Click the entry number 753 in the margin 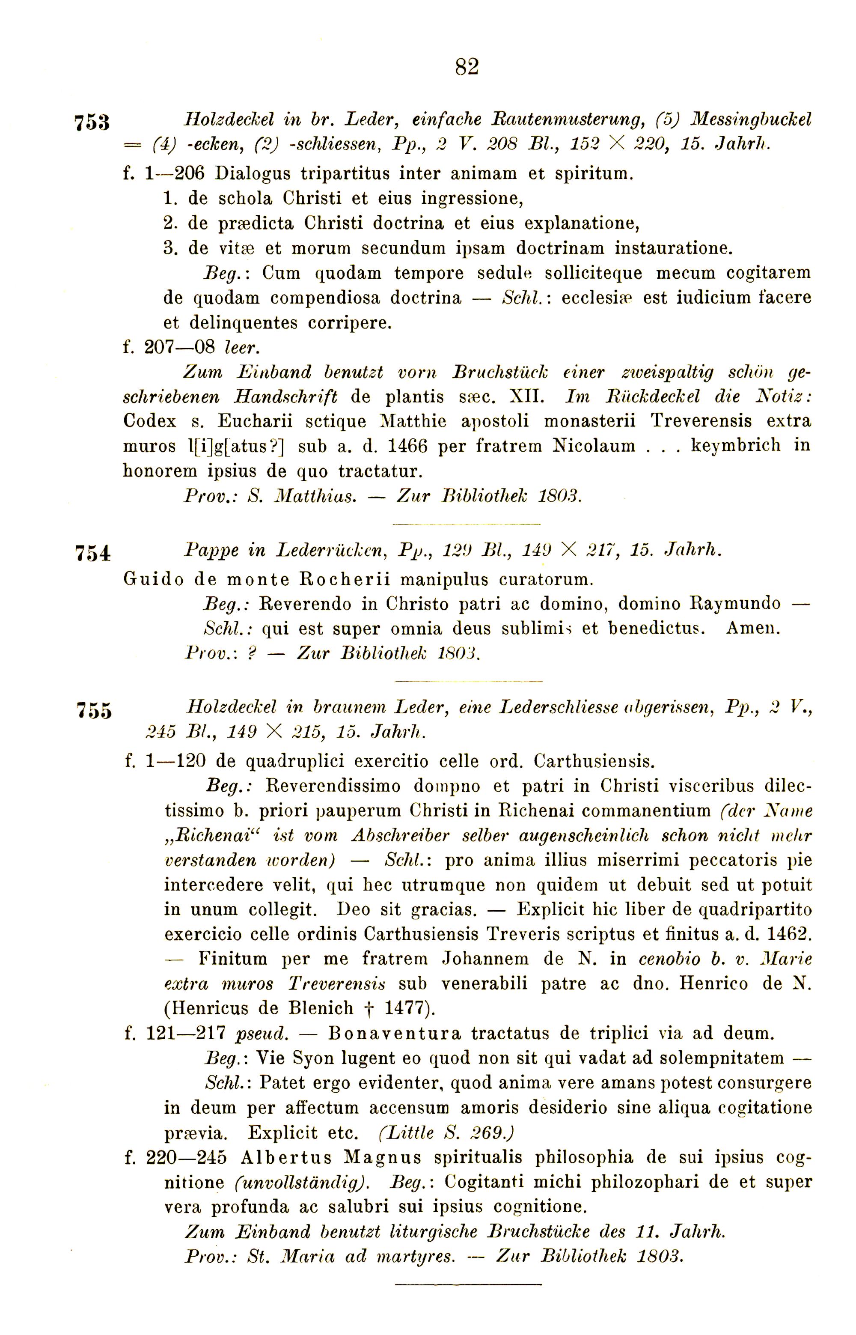92,122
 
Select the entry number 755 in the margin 94,711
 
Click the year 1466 407,446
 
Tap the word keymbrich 735,446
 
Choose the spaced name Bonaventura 395,1033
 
